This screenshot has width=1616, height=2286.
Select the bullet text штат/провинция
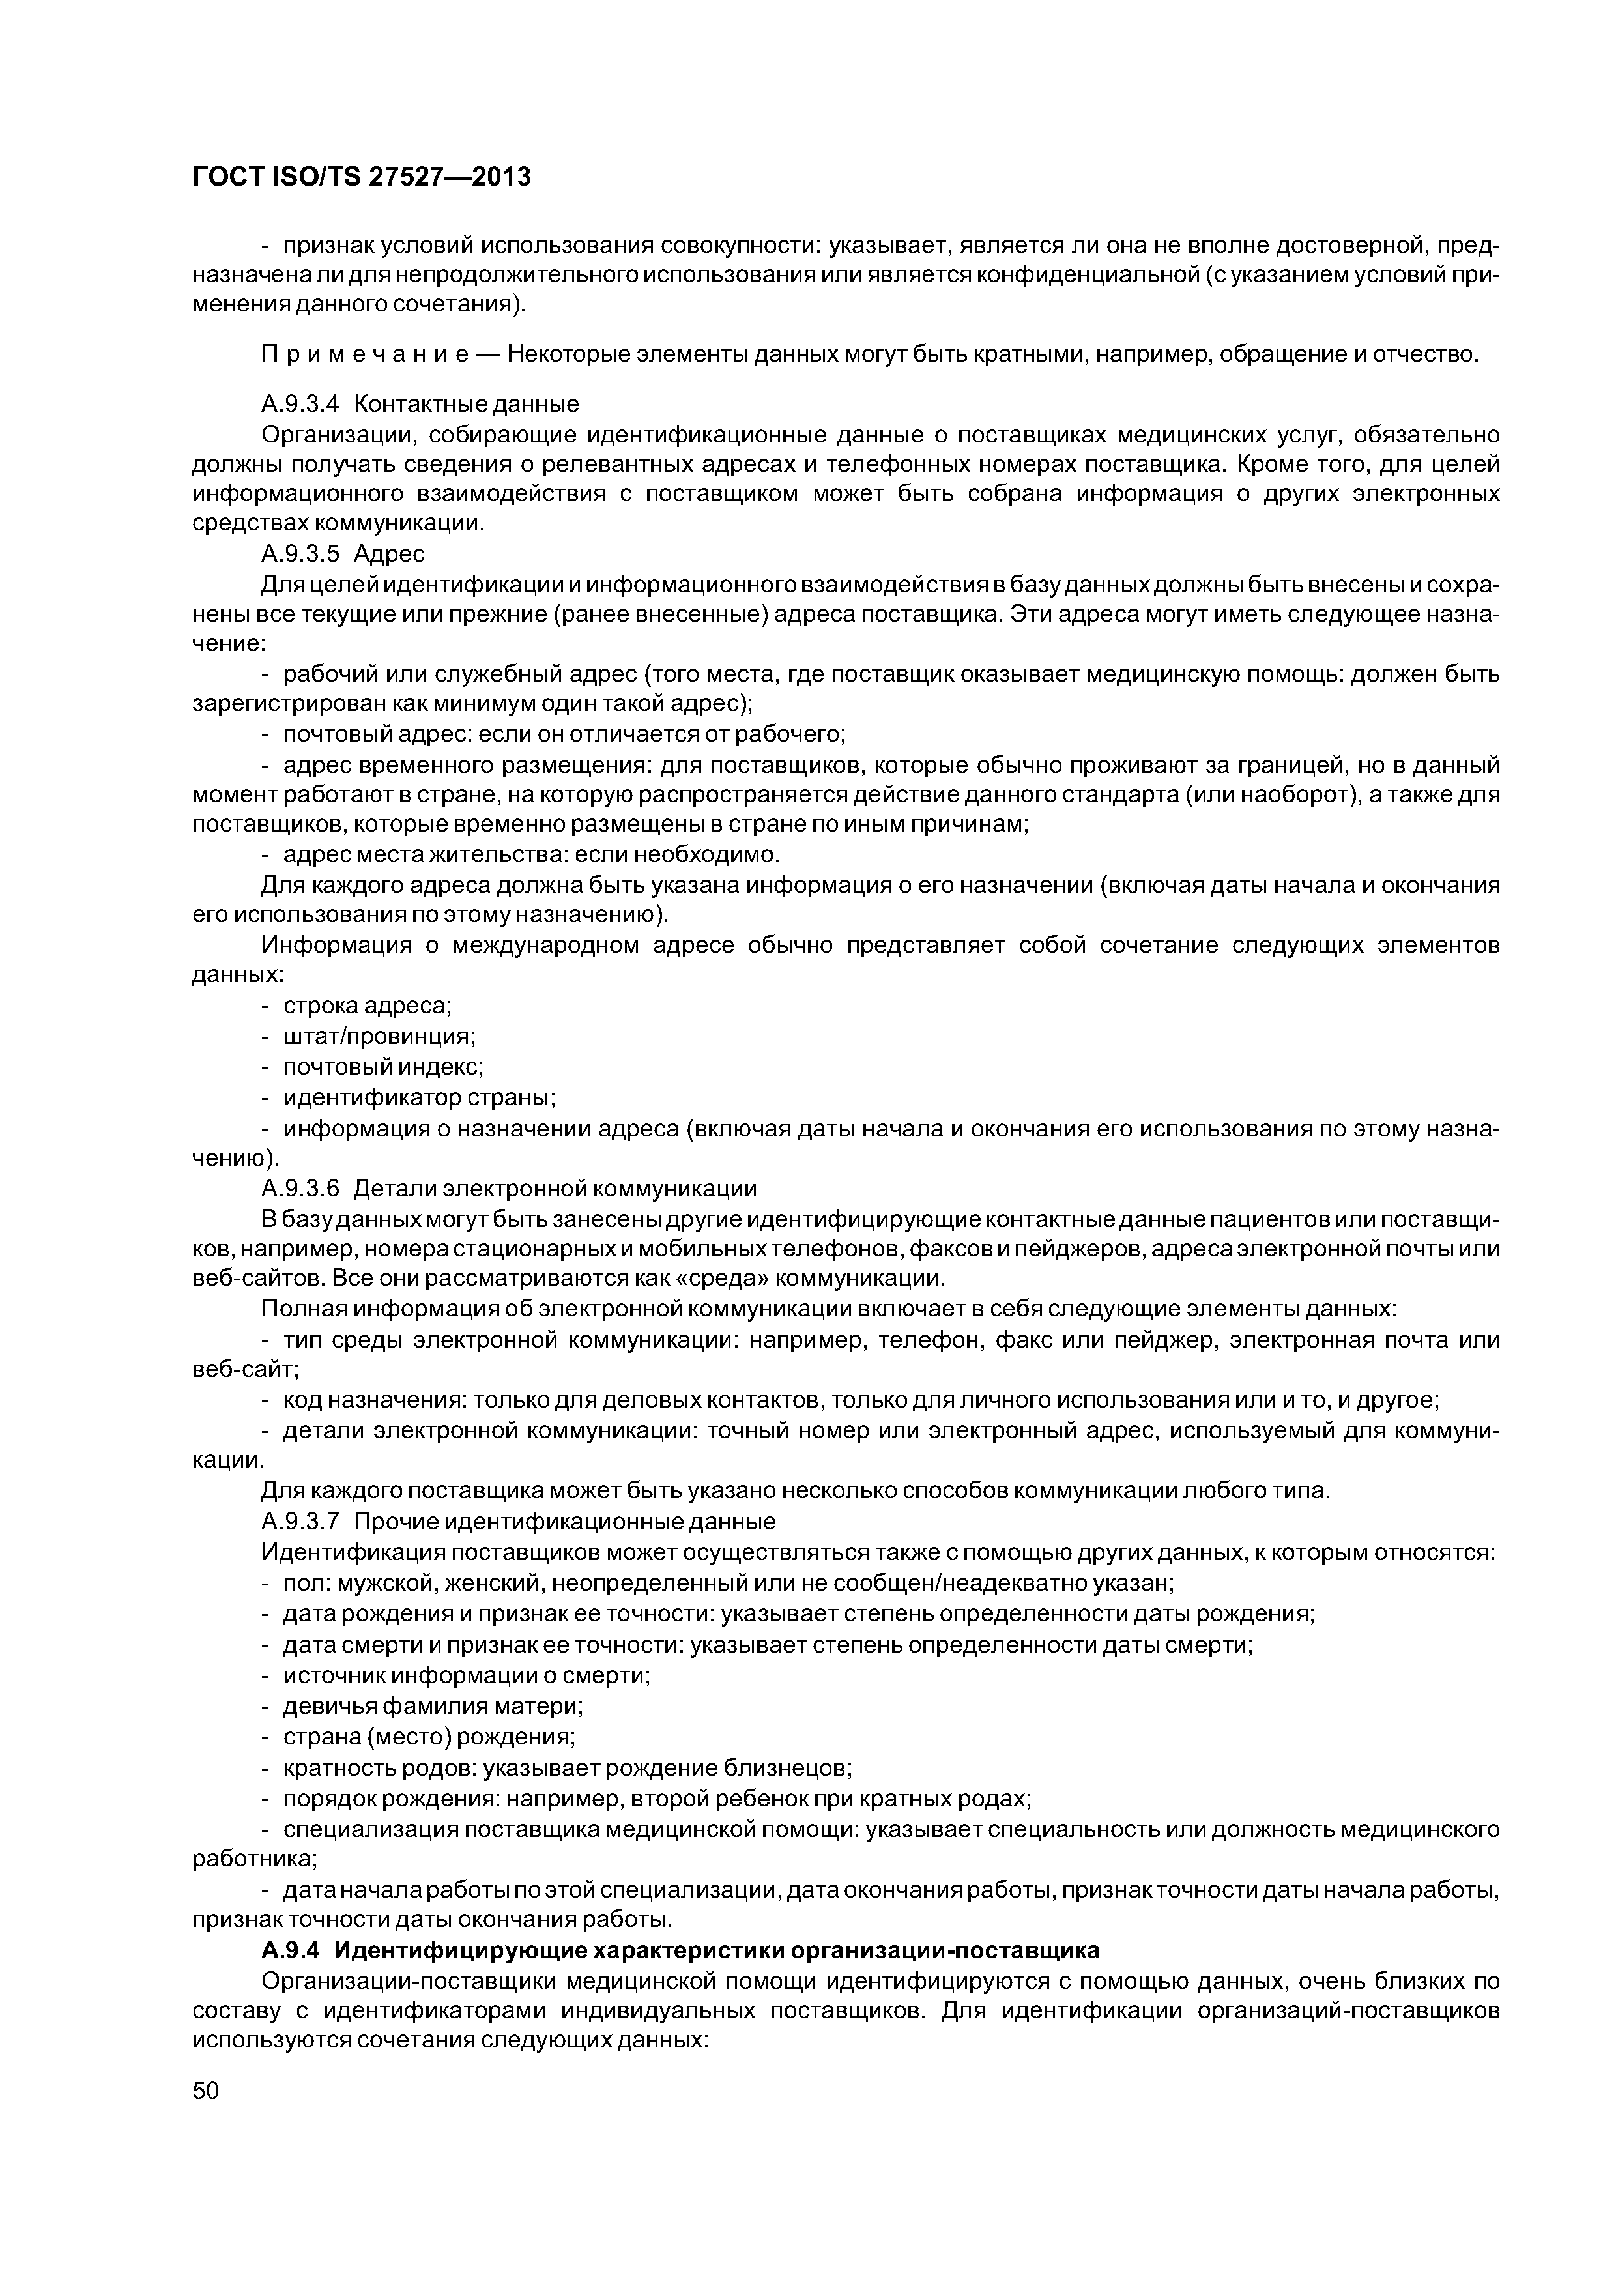pyautogui.click(x=379, y=1037)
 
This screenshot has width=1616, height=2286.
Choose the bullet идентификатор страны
pyautogui.click(x=419, y=1098)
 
